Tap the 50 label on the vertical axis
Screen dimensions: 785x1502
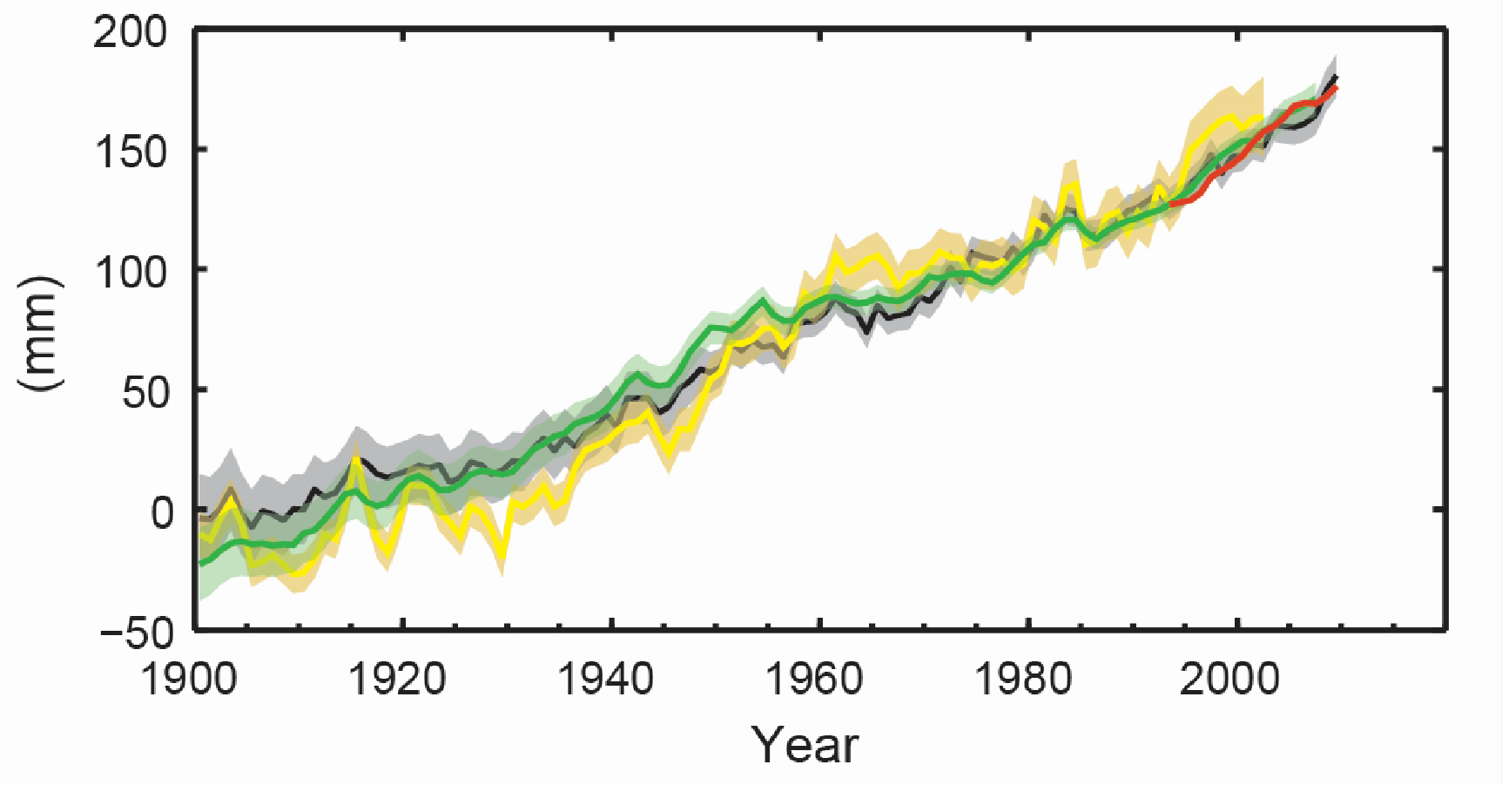click(x=145, y=393)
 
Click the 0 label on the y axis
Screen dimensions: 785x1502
click(x=162, y=512)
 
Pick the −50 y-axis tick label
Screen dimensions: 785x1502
click(x=138, y=633)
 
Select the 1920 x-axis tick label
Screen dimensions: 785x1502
click(x=397, y=679)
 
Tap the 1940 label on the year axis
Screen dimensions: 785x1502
click(x=605, y=679)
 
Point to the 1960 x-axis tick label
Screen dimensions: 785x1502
click(x=814, y=679)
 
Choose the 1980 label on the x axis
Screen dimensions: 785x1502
click(x=1022, y=679)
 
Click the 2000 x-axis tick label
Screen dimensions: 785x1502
click(x=1230, y=679)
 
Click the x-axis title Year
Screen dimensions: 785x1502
click(x=805, y=745)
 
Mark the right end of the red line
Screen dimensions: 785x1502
click(x=1336, y=88)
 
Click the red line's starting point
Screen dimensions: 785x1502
click(x=1172, y=204)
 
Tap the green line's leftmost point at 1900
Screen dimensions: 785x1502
click(x=199, y=565)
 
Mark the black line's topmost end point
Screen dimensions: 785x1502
click(x=1336, y=77)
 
